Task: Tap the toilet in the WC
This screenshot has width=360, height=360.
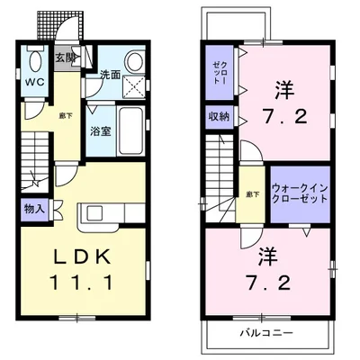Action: click(x=36, y=63)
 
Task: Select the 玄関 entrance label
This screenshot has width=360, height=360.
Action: click(x=66, y=58)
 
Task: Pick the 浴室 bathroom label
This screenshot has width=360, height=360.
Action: click(x=100, y=131)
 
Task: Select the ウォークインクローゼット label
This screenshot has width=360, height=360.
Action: click(x=299, y=193)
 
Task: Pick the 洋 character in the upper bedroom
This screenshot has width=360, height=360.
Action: click(x=287, y=91)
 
